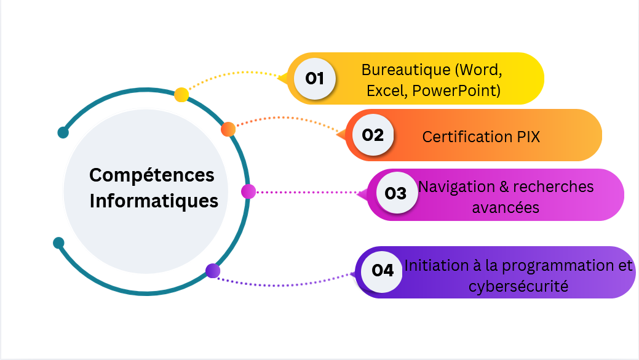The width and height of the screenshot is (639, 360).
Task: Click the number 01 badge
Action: click(x=314, y=78)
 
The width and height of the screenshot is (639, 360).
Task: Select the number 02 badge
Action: click(x=373, y=135)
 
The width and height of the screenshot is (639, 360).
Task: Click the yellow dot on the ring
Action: click(x=181, y=95)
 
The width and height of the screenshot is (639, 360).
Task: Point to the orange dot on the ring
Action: click(x=228, y=129)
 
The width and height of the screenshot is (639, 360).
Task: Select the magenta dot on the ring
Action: click(x=248, y=191)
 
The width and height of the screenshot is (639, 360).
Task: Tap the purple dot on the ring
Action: click(x=213, y=270)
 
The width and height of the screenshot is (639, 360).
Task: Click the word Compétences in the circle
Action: click(x=152, y=175)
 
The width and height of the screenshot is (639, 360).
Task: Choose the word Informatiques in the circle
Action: click(x=154, y=201)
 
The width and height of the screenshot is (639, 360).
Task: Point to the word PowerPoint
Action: click(x=456, y=91)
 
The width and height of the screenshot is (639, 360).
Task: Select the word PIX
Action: click(x=525, y=137)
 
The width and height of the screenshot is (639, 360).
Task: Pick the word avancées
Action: click(x=506, y=207)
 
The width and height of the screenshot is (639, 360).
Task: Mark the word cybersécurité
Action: click(x=518, y=286)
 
